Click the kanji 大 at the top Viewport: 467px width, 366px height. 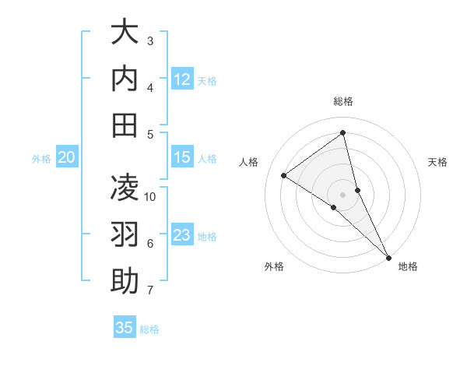click(125, 33)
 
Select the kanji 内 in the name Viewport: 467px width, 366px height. click(125, 79)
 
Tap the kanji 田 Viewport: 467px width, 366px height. click(125, 125)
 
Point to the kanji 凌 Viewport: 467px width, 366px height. click(125, 188)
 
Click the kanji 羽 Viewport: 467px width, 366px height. click(125, 235)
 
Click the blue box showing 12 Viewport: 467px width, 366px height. click(182, 79)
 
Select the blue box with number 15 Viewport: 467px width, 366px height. click(182, 157)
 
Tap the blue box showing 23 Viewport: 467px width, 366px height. click(182, 235)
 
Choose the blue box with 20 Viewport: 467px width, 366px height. click(67, 157)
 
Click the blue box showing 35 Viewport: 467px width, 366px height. click(125, 328)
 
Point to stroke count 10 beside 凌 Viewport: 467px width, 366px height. click(150, 197)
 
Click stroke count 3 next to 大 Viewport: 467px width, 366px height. click(150, 40)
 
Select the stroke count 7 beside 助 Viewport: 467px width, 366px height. click(150, 290)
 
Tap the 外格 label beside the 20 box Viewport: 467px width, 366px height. click(41, 158)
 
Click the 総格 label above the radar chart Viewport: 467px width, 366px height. click(343, 101)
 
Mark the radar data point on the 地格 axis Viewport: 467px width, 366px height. click(388, 256)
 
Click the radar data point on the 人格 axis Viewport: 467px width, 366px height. click(284, 175)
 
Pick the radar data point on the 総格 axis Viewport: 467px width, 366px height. click(343, 132)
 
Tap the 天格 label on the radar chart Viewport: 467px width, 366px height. click(437, 162)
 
